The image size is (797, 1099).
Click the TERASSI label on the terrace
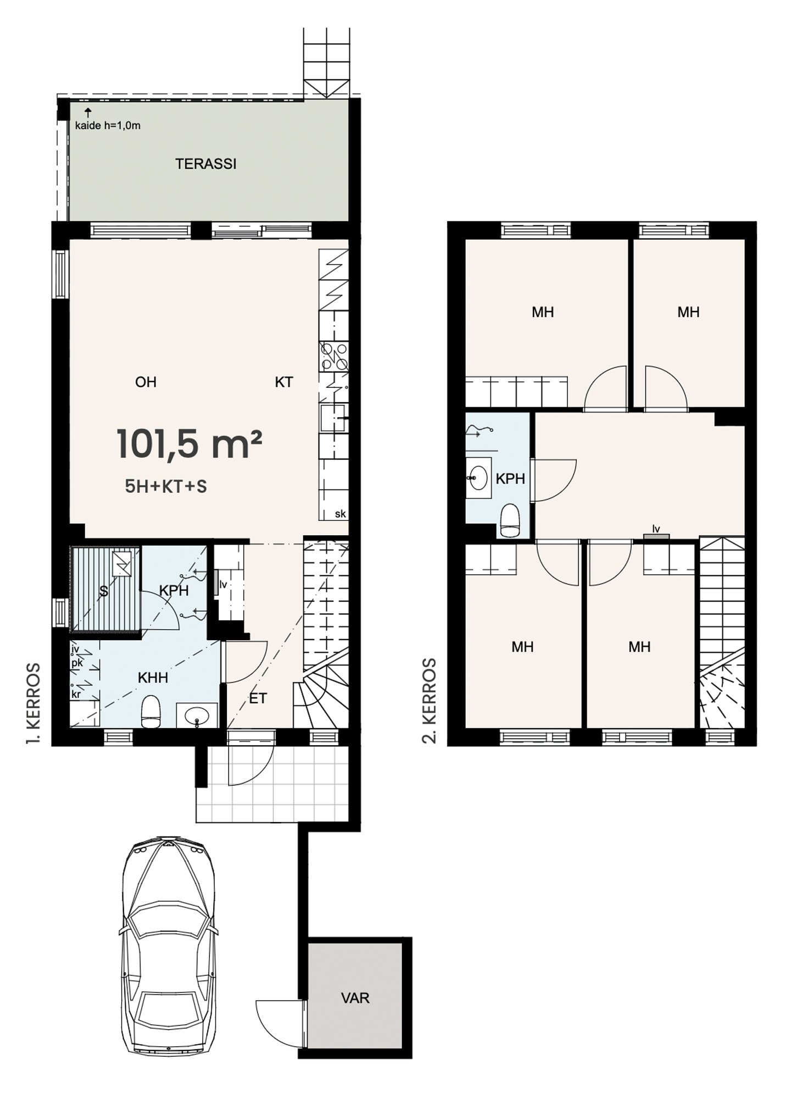[x=206, y=164]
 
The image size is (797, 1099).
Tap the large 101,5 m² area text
[x=189, y=445]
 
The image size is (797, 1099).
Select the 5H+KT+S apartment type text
[x=166, y=486]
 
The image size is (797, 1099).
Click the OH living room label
[x=146, y=382]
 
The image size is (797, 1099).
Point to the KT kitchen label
[x=284, y=382]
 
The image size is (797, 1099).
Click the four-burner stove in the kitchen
[x=334, y=356]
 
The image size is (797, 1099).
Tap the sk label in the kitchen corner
[x=340, y=514]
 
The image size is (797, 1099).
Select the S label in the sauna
[x=103, y=592]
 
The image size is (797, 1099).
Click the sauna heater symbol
[x=122, y=563]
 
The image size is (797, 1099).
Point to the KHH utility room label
[x=153, y=678]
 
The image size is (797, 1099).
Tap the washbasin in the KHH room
[x=197, y=716]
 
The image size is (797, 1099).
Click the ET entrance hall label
[x=258, y=698]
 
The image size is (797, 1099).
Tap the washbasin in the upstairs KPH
[x=478, y=477]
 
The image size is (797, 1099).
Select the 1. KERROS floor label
[x=34, y=704]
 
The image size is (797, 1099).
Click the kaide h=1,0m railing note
[x=108, y=125]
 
